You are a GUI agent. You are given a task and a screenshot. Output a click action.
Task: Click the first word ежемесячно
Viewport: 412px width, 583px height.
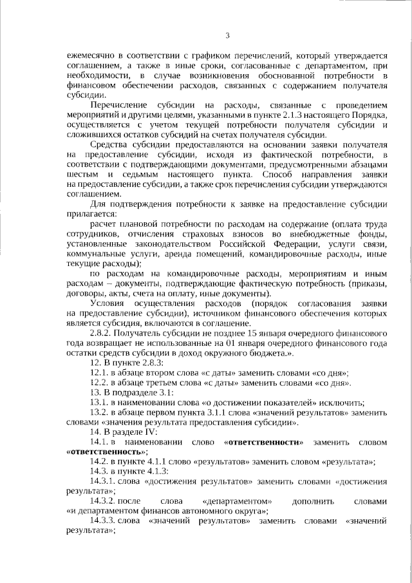point(94,56)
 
